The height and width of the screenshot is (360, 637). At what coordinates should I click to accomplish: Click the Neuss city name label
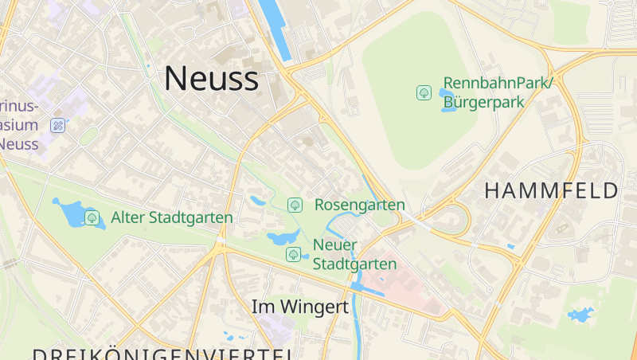211,78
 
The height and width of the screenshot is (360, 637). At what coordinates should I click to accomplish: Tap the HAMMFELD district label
551,191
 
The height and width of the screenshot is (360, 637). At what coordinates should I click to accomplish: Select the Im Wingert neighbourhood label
300,307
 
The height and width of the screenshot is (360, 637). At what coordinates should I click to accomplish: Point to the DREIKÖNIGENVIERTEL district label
159,353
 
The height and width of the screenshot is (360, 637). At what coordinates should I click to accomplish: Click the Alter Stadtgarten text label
172,217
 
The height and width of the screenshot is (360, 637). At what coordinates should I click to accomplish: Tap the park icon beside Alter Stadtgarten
92,217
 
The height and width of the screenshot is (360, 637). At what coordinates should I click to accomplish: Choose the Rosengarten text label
359,205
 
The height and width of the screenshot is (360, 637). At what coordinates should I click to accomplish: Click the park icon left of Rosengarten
295,205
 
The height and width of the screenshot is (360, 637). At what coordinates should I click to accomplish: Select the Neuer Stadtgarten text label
354,254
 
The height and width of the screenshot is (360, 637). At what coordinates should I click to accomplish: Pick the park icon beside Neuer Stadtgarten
293,254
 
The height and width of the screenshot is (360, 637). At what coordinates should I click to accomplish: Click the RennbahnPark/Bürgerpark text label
497,92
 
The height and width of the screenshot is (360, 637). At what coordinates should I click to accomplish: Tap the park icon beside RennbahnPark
424,92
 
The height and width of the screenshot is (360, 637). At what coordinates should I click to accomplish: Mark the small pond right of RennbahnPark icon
447,101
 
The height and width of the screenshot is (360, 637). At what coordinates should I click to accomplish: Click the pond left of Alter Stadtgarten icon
70,212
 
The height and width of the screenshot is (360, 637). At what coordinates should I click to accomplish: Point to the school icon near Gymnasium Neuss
57,125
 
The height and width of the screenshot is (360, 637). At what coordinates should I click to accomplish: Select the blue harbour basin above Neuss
273,32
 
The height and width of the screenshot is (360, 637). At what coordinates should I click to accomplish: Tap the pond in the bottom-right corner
580,315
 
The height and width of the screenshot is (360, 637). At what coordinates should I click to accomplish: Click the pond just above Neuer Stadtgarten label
284,237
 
